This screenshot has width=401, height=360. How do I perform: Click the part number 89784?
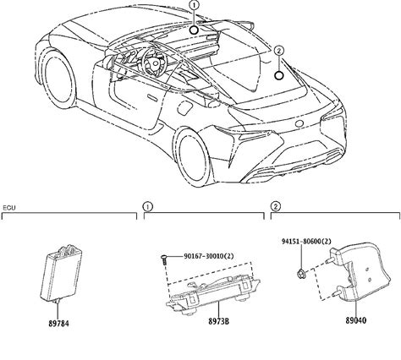pos(58,324)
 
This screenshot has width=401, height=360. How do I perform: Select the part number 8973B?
pos(219,321)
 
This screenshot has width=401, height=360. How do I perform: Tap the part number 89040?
pos(356,320)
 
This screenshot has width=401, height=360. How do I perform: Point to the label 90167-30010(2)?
pos(209,256)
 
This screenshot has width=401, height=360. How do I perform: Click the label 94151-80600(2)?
pos(306,241)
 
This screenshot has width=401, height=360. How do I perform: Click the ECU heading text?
pos(9,208)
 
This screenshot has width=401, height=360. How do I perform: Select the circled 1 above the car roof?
pos(194,5)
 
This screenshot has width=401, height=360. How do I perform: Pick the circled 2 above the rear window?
pos(278,51)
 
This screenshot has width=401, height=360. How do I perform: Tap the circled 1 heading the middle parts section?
pos(148,207)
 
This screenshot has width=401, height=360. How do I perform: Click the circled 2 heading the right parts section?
pos(276,207)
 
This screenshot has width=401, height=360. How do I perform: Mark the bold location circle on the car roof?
pos(194,30)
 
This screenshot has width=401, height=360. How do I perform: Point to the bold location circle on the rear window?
pos(278,75)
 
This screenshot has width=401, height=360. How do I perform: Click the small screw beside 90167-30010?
pos(164,259)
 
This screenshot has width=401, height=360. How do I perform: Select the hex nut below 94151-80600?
pos(301,274)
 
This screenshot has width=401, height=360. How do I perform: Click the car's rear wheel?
pos(193,158)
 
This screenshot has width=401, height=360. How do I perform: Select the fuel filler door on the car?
pos(185,106)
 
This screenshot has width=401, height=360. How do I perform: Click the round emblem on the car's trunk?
pos(299,123)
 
